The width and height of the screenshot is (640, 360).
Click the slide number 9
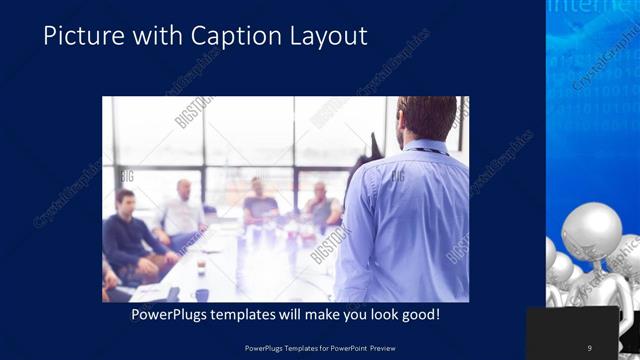tap(589, 347)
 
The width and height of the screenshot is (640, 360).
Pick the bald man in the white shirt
tap(183, 210)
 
